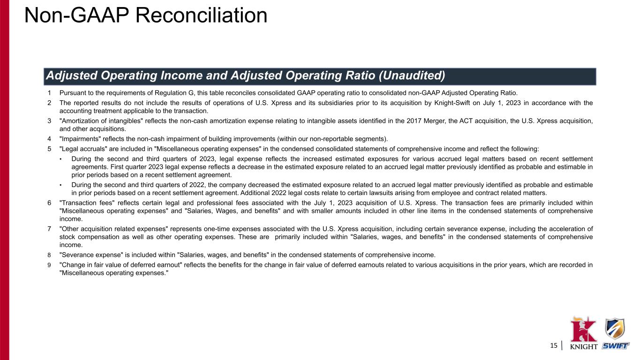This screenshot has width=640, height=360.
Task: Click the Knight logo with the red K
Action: point(583,333)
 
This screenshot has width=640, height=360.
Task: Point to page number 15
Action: point(554,346)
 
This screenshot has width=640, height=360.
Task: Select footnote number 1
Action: point(49,93)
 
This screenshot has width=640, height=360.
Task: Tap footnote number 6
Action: point(49,203)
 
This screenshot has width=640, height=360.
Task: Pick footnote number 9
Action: point(49,265)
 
